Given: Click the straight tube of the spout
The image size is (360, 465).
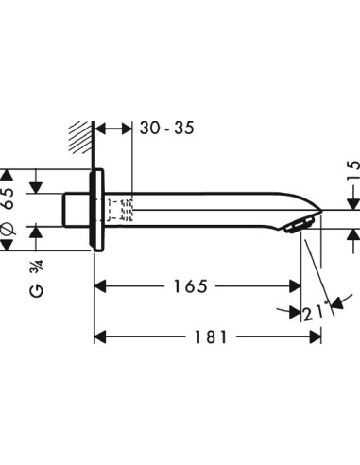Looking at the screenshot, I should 208,208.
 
